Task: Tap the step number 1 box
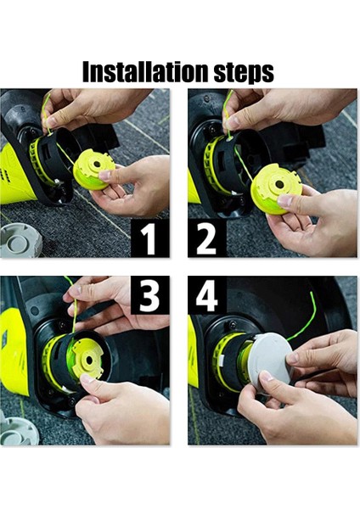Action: pos(149,238)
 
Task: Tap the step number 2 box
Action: pos(207,238)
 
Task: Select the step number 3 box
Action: pos(149,295)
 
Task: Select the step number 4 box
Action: pos(207,295)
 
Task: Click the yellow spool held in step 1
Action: pos(94,169)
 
